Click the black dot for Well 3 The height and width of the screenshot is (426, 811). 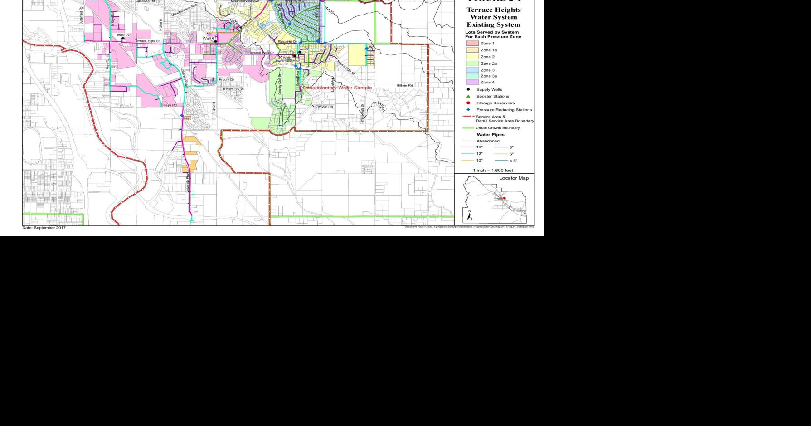[123, 39]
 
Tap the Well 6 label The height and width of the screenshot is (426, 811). [208, 39]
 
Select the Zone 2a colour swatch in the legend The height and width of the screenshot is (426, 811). [472, 64]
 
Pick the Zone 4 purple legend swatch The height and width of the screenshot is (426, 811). [472, 82]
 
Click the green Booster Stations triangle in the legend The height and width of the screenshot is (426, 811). [468, 96]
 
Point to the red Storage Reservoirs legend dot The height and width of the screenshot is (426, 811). [468, 103]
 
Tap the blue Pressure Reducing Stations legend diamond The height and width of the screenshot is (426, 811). [468, 110]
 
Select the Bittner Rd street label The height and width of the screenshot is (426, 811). [405, 85]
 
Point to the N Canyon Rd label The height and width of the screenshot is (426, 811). [322, 106]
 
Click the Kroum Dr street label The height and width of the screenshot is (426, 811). [226, 80]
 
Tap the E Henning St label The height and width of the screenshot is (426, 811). [233, 88]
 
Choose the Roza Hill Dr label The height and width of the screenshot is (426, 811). [287, 41]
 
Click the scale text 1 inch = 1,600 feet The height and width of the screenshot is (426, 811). [493, 170]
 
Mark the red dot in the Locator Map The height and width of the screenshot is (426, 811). [504, 198]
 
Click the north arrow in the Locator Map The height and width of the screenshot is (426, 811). [470, 215]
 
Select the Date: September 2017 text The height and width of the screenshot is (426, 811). [44, 228]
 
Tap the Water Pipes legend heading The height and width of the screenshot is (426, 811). [490, 135]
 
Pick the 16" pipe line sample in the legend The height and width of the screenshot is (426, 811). [468, 147]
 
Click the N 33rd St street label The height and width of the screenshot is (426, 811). [161, 25]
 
